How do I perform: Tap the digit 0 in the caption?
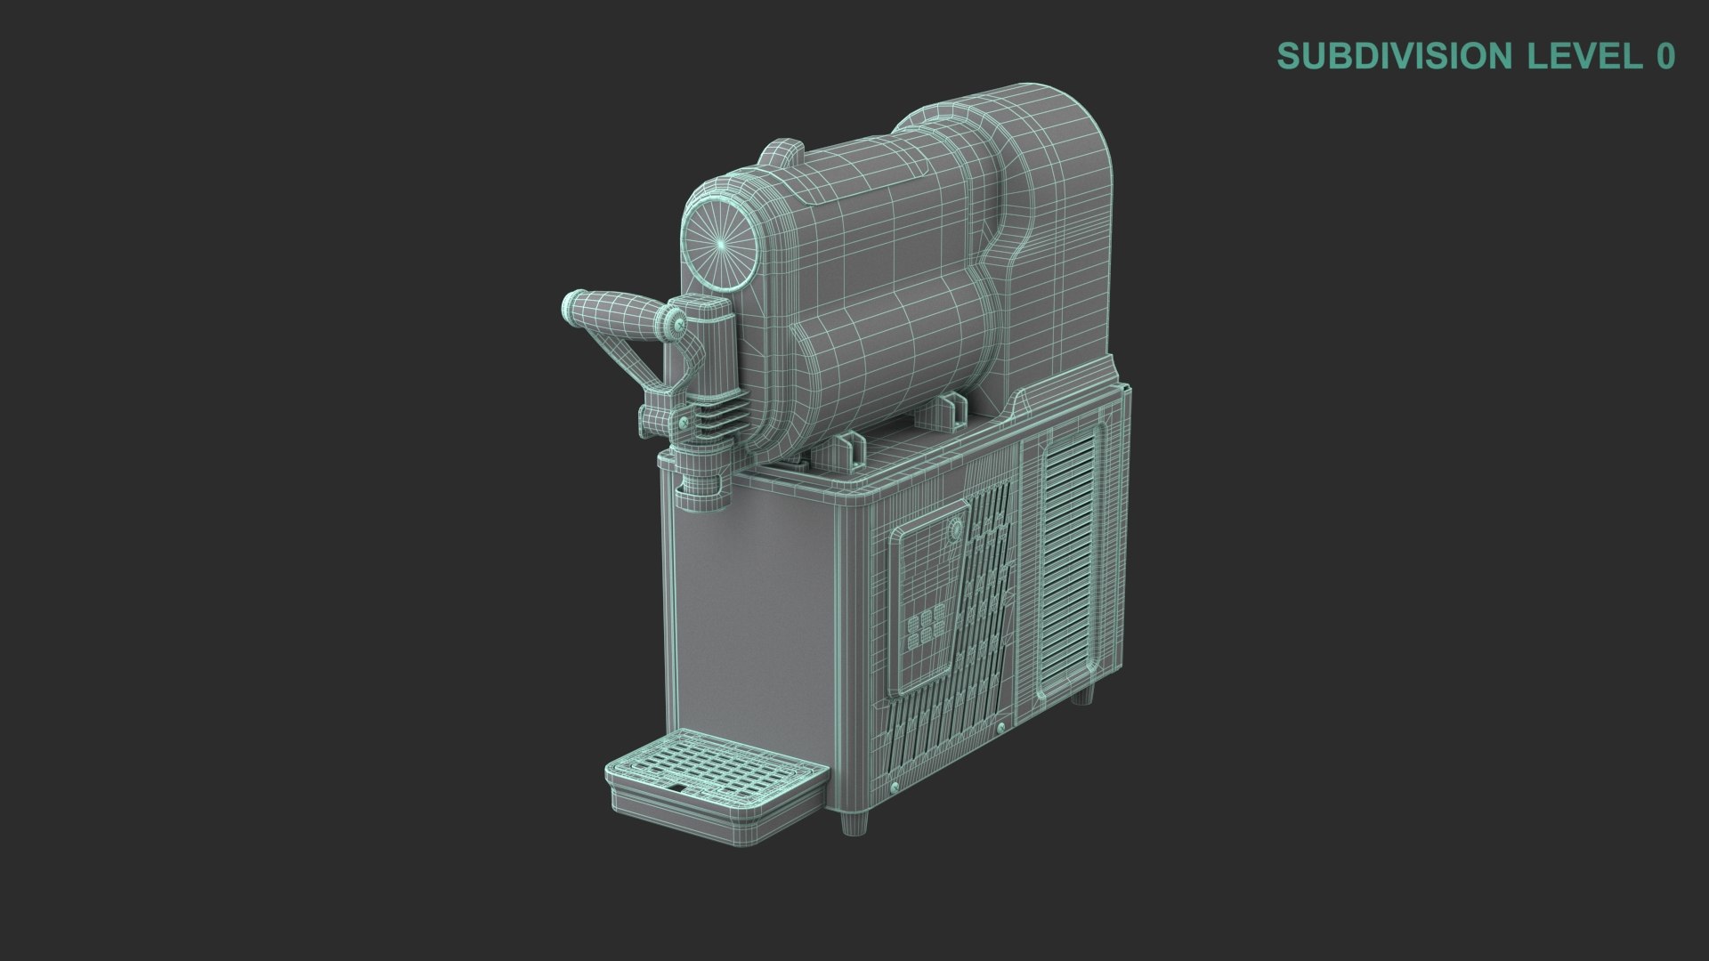click(1664, 56)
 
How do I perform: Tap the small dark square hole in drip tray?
click(678, 788)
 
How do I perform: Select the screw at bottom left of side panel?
click(893, 789)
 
